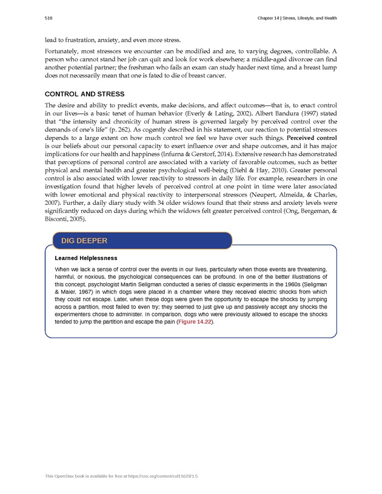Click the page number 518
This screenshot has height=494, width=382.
49,18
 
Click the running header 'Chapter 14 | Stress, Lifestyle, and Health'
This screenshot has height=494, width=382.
297,18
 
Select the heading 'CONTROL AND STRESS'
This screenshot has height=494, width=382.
84,94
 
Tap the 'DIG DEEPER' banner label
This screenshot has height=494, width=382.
84,241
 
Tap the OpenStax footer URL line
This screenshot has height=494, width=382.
121,477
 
